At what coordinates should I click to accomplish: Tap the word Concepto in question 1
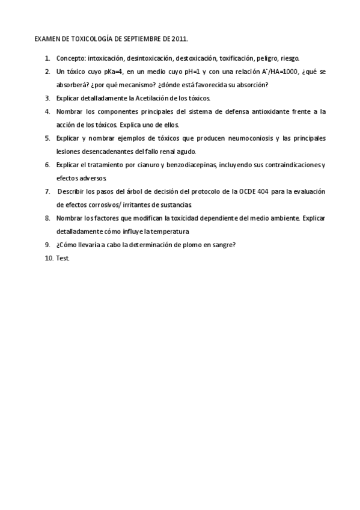[x=70, y=58]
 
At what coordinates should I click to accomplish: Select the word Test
[x=63, y=257]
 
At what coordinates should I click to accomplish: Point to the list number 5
[x=47, y=138]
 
